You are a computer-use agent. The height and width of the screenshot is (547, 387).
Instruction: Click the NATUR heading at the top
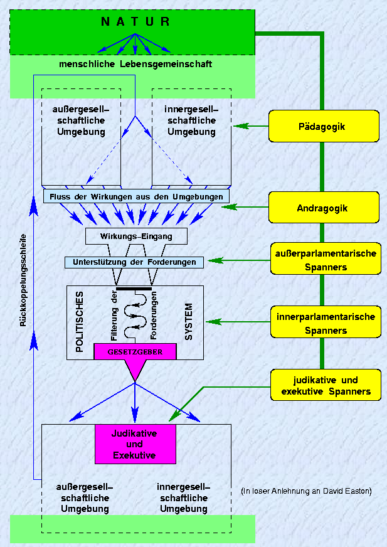tap(135, 22)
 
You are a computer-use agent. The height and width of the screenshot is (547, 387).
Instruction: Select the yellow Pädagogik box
tap(324, 126)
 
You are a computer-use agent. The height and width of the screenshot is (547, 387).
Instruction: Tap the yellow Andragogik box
tap(324, 208)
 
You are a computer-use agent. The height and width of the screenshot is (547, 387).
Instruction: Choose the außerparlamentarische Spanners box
tap(326, 260)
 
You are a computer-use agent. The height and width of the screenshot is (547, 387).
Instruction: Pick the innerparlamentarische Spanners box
tap(326, 323)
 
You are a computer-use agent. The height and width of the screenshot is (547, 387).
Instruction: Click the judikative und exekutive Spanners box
tap(326, 386)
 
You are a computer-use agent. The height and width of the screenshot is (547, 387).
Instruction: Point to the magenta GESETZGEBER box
tap(135, 352)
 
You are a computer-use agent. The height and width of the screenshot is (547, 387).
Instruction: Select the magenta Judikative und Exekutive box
tap(134, 444)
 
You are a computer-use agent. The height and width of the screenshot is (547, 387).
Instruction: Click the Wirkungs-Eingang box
tap(136, 236)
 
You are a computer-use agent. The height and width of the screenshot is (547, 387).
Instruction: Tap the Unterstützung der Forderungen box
tap(134, 262)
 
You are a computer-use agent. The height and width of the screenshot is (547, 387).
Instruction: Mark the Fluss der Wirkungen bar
tap(136, 196)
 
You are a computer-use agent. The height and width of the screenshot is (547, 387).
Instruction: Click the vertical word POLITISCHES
tap(80, 321)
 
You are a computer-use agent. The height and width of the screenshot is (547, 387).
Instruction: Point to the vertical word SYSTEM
tap(189, 321)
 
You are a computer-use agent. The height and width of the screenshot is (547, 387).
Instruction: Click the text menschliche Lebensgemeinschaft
tap(135, 64)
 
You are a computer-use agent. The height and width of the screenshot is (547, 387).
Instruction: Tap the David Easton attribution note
tap(306, 491)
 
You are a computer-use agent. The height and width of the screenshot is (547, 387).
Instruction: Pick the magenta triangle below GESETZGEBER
tap(134, 371)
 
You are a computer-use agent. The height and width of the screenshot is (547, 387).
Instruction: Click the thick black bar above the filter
tap(134, 288)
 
